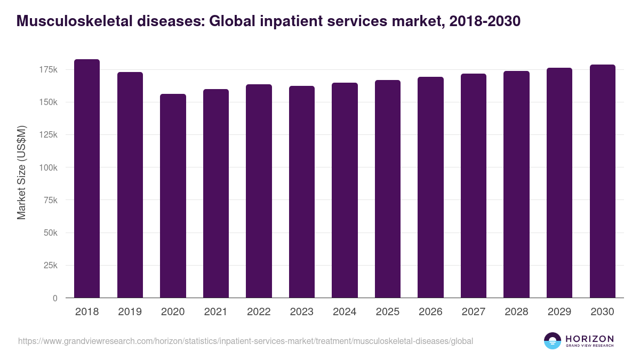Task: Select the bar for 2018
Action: (x=87, y=179)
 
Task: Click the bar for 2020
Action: (x=173, y=196)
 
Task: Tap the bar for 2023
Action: (x=302, y=192)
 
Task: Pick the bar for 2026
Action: (x=430, y=187)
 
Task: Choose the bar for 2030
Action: (x=602, y=181)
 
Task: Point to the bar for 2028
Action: (x=516, y=185)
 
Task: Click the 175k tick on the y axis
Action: (x=48, y=69)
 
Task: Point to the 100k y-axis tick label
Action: (x=48, y=167)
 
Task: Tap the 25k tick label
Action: (x=50, y=266)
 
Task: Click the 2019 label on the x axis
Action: (x=130, y=312)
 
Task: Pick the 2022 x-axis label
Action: (x=259, y=312)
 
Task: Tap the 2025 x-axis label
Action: (x=388, y=312)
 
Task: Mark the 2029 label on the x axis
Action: (x=559, y=312)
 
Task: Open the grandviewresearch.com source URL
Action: (x=245, y=341)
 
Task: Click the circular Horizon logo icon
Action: (x=553, y=341)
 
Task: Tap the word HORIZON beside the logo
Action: (x=589, y=338)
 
